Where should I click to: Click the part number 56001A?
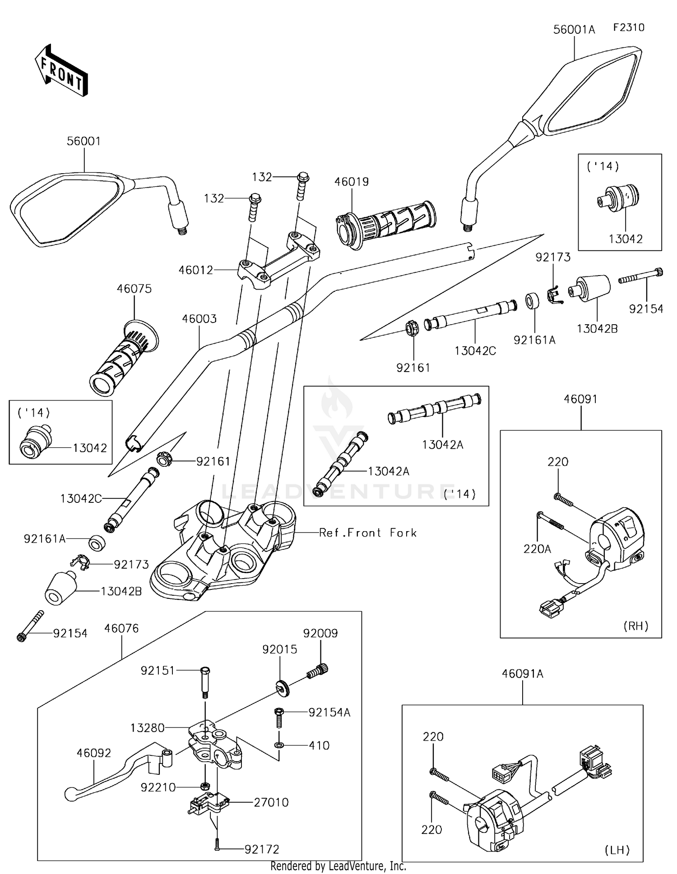coord(574,30)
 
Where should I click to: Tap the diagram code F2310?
coord(629,28)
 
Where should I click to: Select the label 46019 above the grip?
coord(352,182)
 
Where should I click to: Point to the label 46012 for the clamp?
coord(195,270)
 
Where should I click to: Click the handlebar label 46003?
coord(199,319)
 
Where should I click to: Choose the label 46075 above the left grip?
coord(134,289)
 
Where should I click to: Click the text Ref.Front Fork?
coord(368,533)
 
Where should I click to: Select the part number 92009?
coord(320,633)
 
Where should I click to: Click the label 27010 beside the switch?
coord(271,802)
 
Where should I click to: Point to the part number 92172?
coord(262,849)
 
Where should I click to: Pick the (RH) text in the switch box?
coord(635,626)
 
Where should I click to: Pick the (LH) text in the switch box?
coord(617,850)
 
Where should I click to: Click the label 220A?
coord(537,549)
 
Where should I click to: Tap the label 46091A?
coord(523,674)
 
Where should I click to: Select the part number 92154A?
coord(329,712)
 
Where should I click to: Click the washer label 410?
coord(319,745)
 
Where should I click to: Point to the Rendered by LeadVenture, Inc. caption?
coord(338,866)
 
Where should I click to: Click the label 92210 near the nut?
coord(158,787)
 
